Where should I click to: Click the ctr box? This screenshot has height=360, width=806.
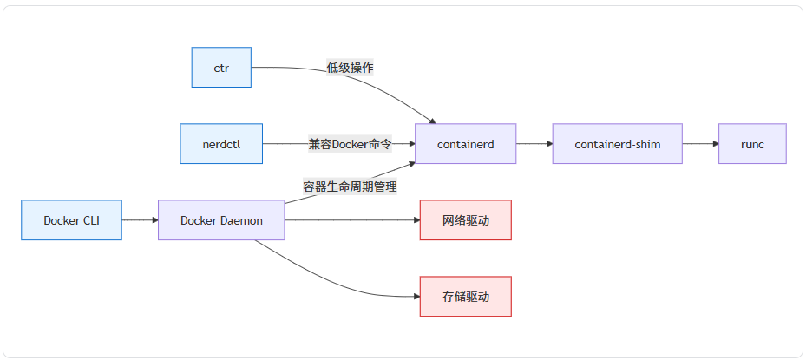coord(221,68)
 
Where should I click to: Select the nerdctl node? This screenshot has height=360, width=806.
coord(221,144)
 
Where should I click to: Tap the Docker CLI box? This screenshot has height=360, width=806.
coord(71,220)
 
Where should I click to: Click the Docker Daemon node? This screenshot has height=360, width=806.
coord(221,220)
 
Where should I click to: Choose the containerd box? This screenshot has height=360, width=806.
coord(465,144)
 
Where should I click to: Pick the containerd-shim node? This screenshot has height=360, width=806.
coord(617,144)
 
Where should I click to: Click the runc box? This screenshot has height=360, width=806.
coord(752,144)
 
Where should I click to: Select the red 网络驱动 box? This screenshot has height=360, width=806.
coord(465,220)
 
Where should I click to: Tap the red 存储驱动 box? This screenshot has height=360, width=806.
coord(465,297)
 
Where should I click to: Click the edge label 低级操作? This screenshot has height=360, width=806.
coord(350,68)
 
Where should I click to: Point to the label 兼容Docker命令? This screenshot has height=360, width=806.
coord(350,144)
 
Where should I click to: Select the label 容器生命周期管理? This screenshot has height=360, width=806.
coord(350,186)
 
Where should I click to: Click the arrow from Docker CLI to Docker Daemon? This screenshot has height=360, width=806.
coord(140,220)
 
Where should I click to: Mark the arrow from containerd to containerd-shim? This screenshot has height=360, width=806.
coord(534,144)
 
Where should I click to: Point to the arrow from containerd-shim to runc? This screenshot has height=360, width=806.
coord(699,144)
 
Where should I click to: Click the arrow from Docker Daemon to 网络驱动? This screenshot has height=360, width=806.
coord(351,220)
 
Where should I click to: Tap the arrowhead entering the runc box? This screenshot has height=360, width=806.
coord(714,144)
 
